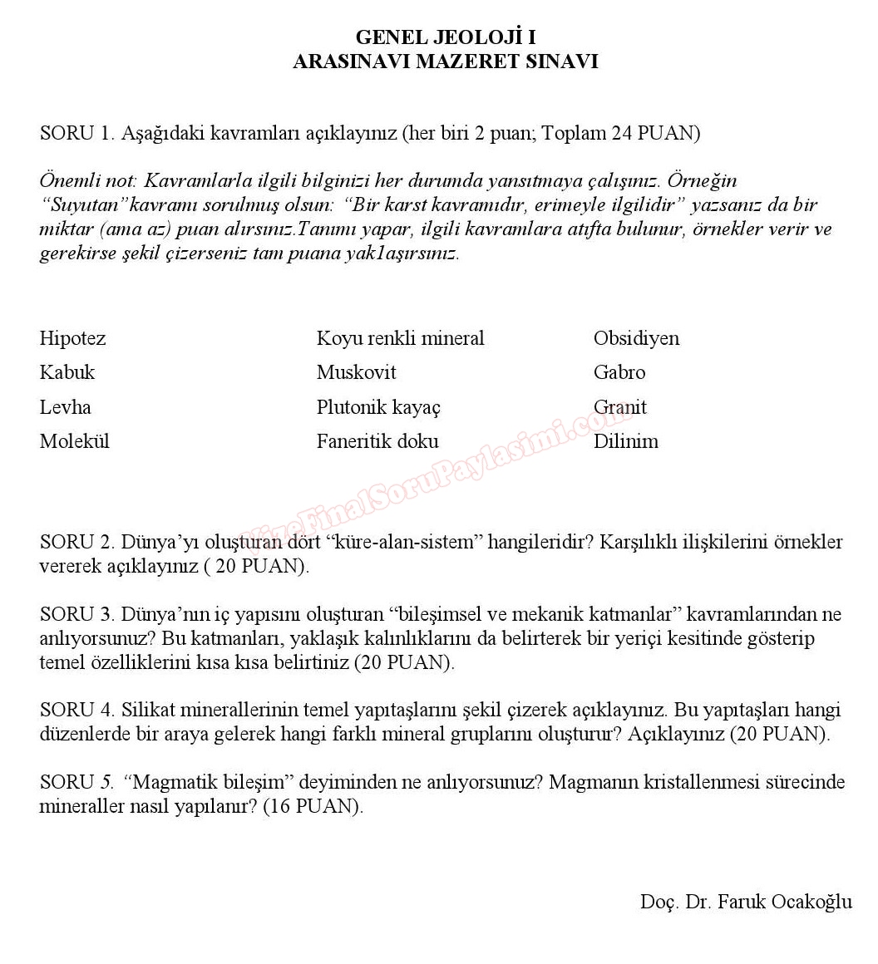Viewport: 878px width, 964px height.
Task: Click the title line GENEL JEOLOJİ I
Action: (x=445, y=37)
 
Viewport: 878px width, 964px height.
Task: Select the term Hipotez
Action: (x=72, y=338)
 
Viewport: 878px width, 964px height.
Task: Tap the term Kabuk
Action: (x=67, y=372)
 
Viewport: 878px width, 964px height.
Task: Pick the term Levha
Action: (x=65, y=407)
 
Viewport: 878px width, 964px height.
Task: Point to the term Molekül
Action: (x=74, y=441)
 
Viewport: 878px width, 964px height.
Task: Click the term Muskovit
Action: (x=356, y=372)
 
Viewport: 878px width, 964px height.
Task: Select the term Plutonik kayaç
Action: (x=378, y=407)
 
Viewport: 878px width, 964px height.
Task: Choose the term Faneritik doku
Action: (x=377, y=441)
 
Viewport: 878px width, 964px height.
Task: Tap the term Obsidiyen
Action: (x=636, y=338)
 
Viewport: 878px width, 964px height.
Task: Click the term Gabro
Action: (x=619, y=372)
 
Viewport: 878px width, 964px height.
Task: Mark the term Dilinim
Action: (x=625, y=441)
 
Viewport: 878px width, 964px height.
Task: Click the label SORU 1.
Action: (x=76, y=133)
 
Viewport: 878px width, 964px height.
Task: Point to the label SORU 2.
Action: (x=76, y=543)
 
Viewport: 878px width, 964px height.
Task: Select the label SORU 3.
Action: (x=76, y=615)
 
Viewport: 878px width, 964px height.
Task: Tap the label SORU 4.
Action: (x=76, y=711)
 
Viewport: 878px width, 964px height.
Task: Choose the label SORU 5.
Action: (x=76, y=783)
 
